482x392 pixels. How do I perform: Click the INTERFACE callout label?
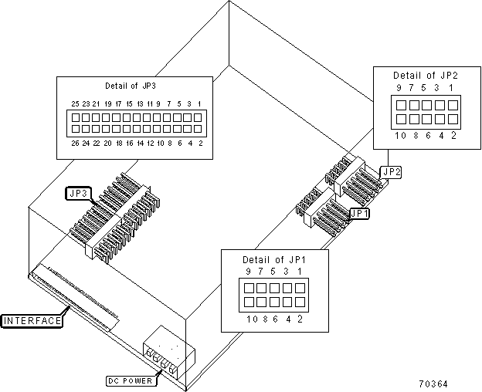tap(32, 321)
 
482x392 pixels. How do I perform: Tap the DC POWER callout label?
tap(131, 381)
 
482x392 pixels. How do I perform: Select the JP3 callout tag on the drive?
tap(79, 194)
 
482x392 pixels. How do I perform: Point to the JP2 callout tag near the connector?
tap(391, 172)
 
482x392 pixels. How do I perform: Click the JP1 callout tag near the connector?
tap(360, 213)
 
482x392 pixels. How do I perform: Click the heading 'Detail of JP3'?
tap(131, 86)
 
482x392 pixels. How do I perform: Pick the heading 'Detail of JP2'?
tap(426, 75)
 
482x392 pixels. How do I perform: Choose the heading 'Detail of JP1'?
tap(274, 260)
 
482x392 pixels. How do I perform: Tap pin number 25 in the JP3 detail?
tap(75, 103)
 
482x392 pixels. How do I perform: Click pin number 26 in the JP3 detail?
tap(75, 143)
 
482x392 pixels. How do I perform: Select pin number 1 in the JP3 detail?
tap(199, 103)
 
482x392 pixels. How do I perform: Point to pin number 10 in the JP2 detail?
tap(400, 135)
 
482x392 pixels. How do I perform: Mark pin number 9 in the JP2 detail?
tap(399, 88)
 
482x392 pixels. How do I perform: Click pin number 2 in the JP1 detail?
tap(300, 319)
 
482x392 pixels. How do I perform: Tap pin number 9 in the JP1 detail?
tap(249, 272)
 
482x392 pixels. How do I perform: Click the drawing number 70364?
tap(433, 384)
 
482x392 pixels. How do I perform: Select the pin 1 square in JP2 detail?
tap(453, 105)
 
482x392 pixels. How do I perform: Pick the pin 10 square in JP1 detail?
tap(249, 302)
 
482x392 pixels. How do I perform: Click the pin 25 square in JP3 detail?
tap(76, 117)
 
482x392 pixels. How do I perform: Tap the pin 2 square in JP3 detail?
tap(198, 129)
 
